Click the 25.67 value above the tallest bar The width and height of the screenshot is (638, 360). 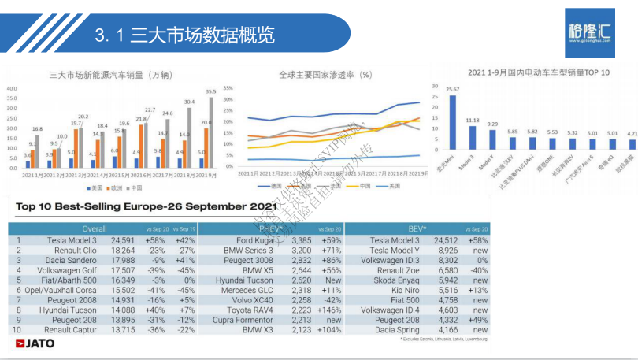tap(452, 89)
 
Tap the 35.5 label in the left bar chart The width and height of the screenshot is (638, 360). tap(210, 92)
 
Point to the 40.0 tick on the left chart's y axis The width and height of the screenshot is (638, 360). tap(13, 88)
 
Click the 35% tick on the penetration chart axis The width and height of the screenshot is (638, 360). tap(228, 88)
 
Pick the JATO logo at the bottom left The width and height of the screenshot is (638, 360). tap(32, 343)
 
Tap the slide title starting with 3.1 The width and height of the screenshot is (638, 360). tap(184, 35)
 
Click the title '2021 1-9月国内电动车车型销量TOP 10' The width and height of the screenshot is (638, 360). tap(538, 72)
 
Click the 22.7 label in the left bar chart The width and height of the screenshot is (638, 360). tap(150, 110)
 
